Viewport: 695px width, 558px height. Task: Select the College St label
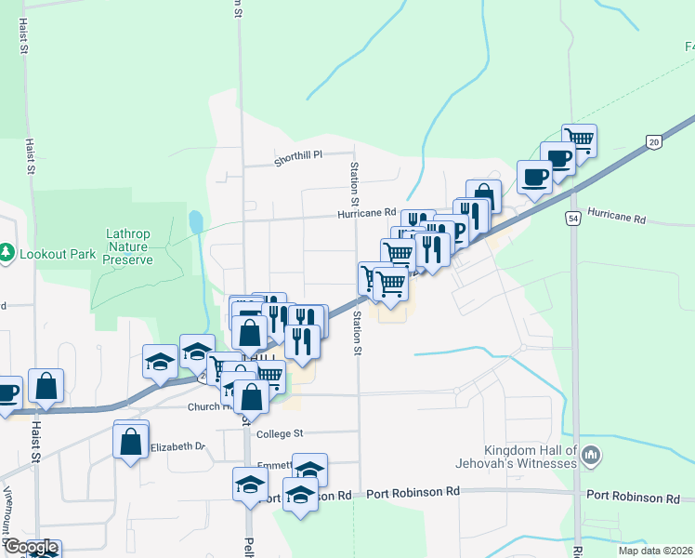pyautogui.click(x=280, y=433)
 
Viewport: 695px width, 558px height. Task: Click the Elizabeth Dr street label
pyautogui.click(x=177, y=446)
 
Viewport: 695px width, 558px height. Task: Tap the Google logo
pyautogui.click(x=30, y=547)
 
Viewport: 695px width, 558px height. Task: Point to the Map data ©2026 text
pyautogui.click(x=655, y=551)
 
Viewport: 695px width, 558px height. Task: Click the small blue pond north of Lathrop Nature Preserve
pyautogui.click(x=195, y=222)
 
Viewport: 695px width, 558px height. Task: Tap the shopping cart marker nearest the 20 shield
pyautogui.click(x=579, y=140)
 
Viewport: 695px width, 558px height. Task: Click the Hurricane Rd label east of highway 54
pyautogui.click(x=616, y=219)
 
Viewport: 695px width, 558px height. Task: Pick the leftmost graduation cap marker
pyautogui.click(x=160, y=361)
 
